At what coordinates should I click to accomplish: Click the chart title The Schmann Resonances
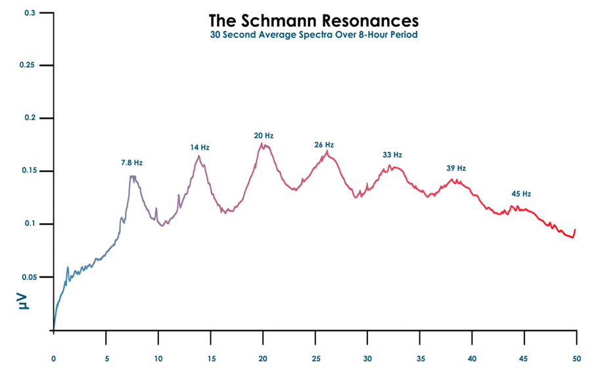pyautogui.click(x=313, y=20)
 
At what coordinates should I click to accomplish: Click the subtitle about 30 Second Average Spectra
pyautogui.click(x=313, y=34)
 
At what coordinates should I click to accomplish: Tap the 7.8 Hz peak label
pyautogui.click(x=131, y=162)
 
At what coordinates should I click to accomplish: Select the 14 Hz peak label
pyautogui.click(x=200, y=148)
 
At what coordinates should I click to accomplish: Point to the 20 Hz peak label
pyautogui.click(x=264, y=136)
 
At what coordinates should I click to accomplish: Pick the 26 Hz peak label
pyautogui.click(x=324, y=144)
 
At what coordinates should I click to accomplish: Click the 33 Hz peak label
pyautogui.click(x=392, y=155)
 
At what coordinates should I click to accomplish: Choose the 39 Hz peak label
pyautogui.click(x=456, y=168)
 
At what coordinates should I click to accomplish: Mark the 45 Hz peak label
pyautogui.click(x=521, y=194)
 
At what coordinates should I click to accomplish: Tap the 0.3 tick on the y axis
pyautogui.click(x=30, y=13)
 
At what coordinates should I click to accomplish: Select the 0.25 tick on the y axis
pyautogui.click(x=27, y=66)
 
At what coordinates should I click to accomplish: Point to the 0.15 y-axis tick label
pyautogui.click(x=27, y=171)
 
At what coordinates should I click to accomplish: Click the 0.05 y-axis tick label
pyautogui.click(x=27, y=277)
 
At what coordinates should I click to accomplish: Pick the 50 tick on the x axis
pyautogui.click(x=576, y=358)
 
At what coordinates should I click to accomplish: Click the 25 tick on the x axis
pyautogui.click(x=315, y=358)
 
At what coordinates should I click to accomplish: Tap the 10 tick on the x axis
pyautogui.click(x=158, y=358)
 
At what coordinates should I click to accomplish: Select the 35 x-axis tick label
pyautogui.click(x=419, y=358)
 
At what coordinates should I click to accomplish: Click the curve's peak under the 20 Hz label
pyautogui.click(x=262, y=144)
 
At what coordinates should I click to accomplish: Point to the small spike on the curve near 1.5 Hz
pyautogui.click(x=68, y=267)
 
